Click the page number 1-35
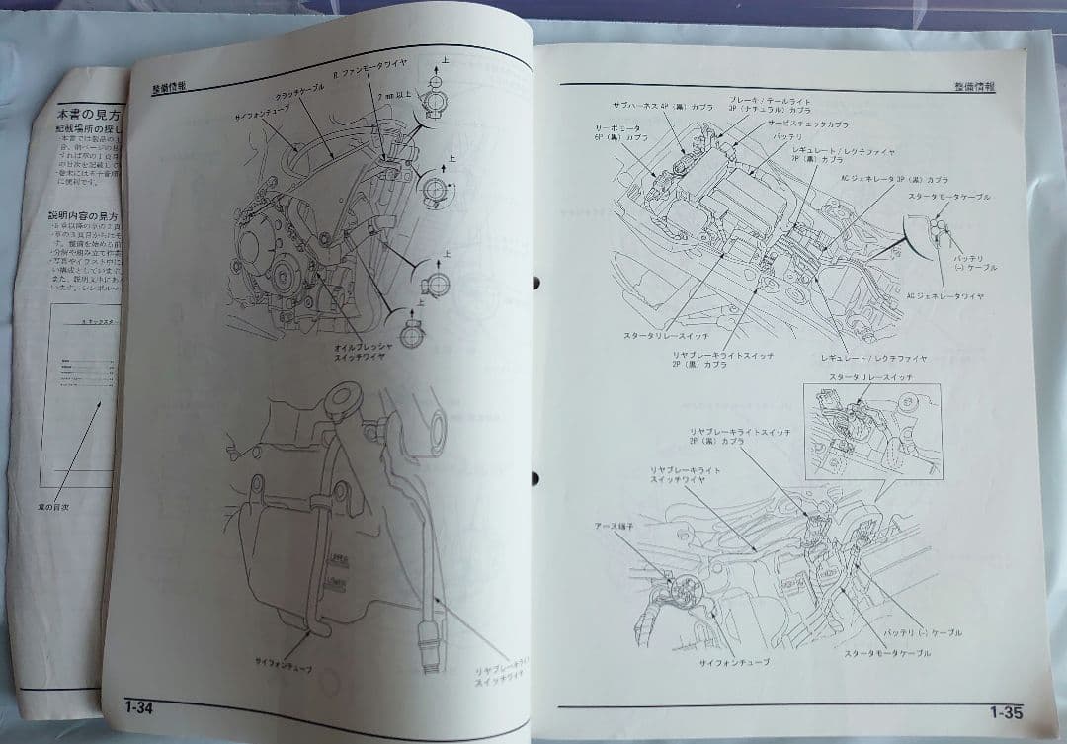(x=1005, y=711)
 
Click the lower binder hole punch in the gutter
(x=534, y=479)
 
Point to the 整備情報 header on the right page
(x=974, y=86)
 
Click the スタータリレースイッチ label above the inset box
(x=869, y=377)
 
